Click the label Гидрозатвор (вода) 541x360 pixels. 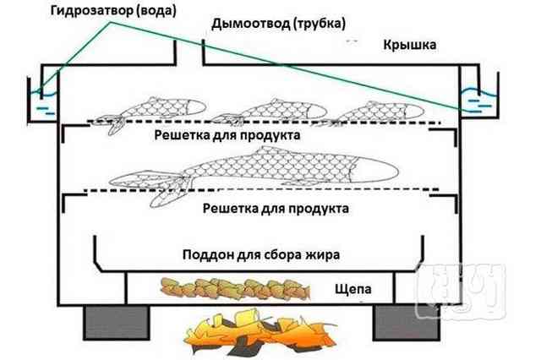[113, 11]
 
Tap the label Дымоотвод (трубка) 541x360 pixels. [278, 24]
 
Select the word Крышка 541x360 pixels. [409, 45]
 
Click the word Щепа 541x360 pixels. [353, 289]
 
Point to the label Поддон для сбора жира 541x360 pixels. [261, 255]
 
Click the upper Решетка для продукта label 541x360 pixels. [227, 135]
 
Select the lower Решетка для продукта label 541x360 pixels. [276, 208]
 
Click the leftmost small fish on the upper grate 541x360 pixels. [149, 112]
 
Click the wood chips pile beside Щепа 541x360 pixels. [235, 288]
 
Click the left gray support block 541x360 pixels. [117, 323]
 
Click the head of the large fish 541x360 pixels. [375, 172]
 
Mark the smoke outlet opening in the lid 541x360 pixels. [189, 52]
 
